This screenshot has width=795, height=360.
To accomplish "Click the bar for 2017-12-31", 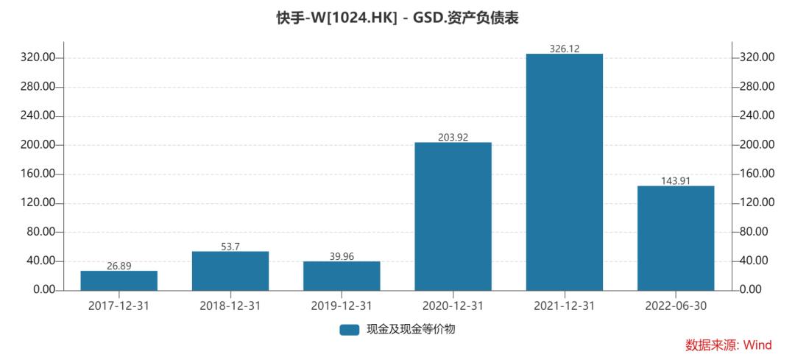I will [x=119, y=280].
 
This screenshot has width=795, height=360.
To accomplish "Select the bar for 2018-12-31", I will [x=230, y=271].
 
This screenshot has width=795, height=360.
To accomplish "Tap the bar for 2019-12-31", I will [x=342, y=276].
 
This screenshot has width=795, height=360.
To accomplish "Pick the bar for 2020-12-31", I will [x=453, y=216].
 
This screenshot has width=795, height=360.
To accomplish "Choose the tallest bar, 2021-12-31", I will [x=565, y=172].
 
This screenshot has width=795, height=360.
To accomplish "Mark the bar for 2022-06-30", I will [x=676, y=238].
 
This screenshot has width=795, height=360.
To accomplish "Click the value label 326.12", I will [x=565, y=49].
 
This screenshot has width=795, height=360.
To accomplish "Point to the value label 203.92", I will [x=453, y=137].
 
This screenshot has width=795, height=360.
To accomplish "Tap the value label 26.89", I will [x=119, y=266].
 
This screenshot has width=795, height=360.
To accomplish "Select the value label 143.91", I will [x=676, y=180].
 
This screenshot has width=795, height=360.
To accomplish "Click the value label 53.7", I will [x=230, y=247].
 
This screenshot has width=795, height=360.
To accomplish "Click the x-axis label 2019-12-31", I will [x=342, y=306].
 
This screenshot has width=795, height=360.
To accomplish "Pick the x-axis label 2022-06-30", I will [x=676, y=306].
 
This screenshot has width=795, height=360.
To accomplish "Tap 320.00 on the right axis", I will [x=757, y=57].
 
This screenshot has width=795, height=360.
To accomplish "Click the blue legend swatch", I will [x=349, y=329].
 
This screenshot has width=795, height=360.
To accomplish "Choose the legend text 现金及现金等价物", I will [x=411, y=329].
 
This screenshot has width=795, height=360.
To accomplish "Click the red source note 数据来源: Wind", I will [x=728, y=345].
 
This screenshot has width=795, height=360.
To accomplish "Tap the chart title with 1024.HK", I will [x=397, y=18].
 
